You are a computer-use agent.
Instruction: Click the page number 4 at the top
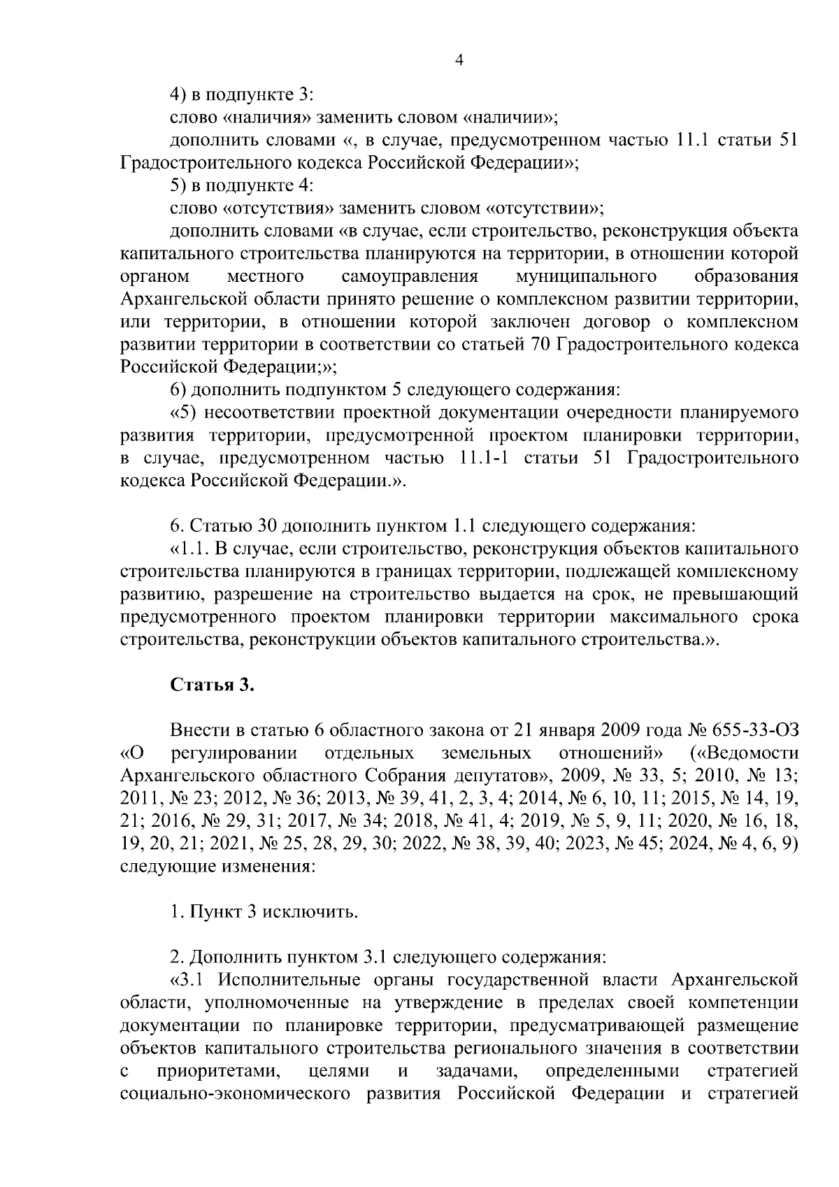pos(459,61)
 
